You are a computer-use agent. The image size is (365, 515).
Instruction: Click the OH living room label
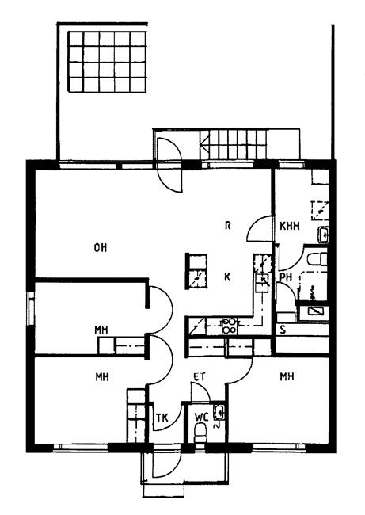[x=101, y=247]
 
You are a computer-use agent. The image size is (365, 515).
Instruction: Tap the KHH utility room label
[x=290, y=226]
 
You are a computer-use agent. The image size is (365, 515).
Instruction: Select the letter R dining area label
[x=228, y=226]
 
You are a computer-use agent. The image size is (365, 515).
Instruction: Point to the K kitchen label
[x=227, y=277]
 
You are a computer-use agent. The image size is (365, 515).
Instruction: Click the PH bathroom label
[x=286, y=277]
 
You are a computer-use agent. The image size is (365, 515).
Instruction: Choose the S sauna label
[x=283, y=330]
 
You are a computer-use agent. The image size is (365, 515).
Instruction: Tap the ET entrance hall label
[x=200, y=376]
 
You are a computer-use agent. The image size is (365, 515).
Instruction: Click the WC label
[x=202, y=417]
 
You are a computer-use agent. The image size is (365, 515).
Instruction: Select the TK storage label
[x=162, y=418]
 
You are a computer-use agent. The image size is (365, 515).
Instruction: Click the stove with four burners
[x=229, y=326]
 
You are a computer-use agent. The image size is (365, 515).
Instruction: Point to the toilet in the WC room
[x=200, y=433]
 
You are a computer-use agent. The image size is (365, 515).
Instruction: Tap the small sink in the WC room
[x=219, y=413]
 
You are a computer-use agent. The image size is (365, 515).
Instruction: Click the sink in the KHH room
[x=323, y=235]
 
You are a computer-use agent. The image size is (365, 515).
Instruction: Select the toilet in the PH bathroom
[x=317, y=259]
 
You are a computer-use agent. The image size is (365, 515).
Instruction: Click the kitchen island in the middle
[x=196, y=271]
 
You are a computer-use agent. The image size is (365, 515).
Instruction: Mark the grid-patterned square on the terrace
[x=107, y=62]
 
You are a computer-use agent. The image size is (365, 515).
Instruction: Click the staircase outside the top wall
[x=234, y=144]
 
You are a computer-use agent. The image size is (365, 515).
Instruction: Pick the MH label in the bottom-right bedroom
[x=287, y=376]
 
